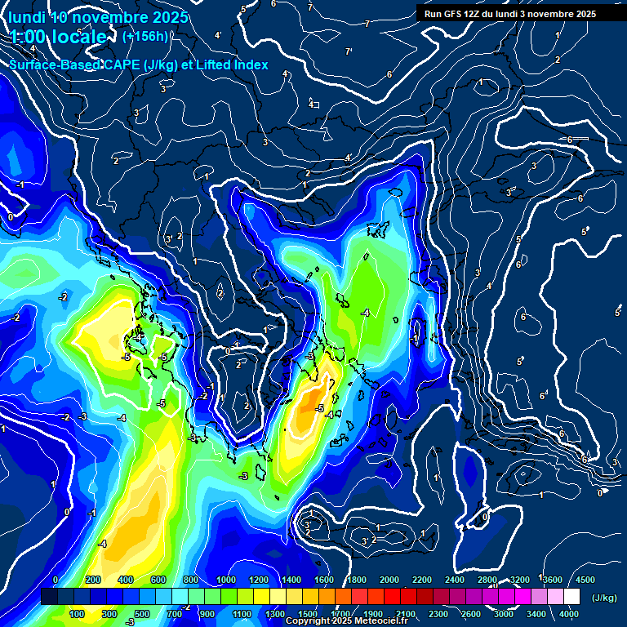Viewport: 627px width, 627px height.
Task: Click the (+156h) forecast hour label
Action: pyautogui.click(x=145, y=36)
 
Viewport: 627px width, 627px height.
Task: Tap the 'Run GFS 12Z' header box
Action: pyautogui.click(x=510, y=14)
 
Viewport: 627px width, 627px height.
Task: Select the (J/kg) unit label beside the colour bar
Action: pyautogui.click(x=603, y=598)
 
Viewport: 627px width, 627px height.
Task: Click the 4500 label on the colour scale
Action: pyautogui.click(x=585, y=580)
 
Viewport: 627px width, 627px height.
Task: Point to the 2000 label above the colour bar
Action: pyautogui.click(x=389, y=580)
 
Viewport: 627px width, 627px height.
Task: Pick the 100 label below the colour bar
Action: pyautogui.click(x=78, y=614)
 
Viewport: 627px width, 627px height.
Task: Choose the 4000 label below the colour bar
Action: pyautogui.click(x=569, y=614)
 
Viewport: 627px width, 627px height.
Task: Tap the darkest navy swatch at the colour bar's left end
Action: pyautogui.click(x=49, y=597)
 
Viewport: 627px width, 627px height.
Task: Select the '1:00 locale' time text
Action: pyautogui.click(x=59, y=37)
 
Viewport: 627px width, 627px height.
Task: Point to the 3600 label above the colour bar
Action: pyautogui.click(x=553, y=580)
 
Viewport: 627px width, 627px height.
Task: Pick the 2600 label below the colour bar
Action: pyautogui.click(x=470, y=614)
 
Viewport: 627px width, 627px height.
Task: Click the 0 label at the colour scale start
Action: pyautogui.click(x=55, y=580)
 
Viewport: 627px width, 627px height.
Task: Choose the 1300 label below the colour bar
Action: pyautogui.click(x=274, y=614)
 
